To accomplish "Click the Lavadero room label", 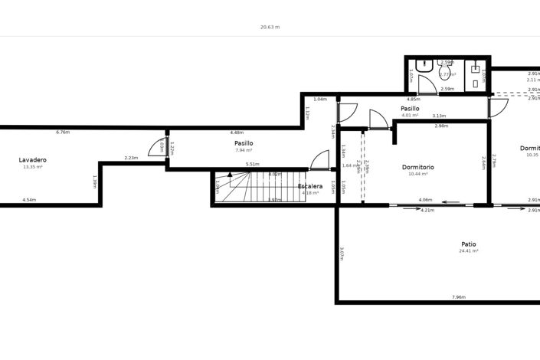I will (x=33, y=159).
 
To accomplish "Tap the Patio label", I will (x=468, y=244).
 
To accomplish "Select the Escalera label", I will (x=310, y=186).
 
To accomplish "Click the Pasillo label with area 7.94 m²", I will (x=244, y=143).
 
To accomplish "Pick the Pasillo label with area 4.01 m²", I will (x=410, y=109).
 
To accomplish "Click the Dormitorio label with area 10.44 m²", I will (x=417, y=167).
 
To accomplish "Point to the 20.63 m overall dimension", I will (x=270, y=27).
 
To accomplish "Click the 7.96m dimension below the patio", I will (x=459, y=297).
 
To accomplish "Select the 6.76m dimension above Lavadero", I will (x=63, y=132).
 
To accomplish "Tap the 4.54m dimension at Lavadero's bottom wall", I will (x=29, y=200).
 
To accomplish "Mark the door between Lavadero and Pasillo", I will (x=159, y=147).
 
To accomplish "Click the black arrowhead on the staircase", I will (x=230, y=175).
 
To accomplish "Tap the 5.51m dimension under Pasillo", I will (x=252, y=164).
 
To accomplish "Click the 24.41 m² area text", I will (x=468, y=251).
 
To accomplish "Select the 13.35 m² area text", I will (x=33, y=167).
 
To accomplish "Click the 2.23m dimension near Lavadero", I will (x=131, y=158).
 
